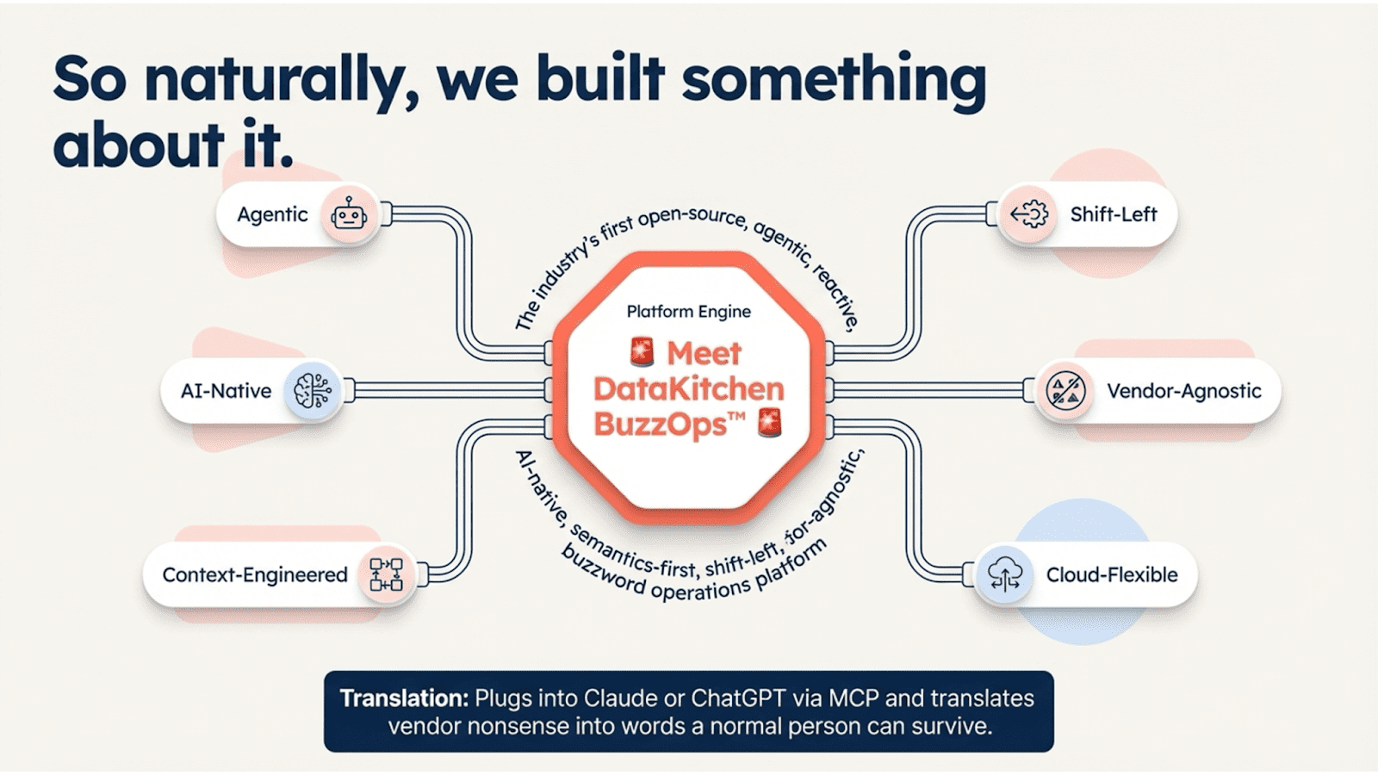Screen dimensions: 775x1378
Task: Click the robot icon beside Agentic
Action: click(x=349, y=214)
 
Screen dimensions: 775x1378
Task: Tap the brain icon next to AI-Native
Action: click(x=312, y=391)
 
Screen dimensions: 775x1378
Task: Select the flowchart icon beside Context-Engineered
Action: click(x=386, y=574)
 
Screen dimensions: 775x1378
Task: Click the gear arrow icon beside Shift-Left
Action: click(x=1029, y=214)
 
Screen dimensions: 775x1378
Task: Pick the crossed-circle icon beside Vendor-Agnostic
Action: click(x=1065, y=391)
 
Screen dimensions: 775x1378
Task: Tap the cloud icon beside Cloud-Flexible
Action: click(x=1005, y=574)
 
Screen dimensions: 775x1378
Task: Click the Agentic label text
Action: click(x=272, y=214)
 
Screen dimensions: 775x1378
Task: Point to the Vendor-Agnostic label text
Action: click(x=1183, y=391)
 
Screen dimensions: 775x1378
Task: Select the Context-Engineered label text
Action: click(x=255, y=574)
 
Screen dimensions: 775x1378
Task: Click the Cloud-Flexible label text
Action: click(x=1111, y=574)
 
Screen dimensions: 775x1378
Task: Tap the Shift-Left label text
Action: click(x=1113, y=214)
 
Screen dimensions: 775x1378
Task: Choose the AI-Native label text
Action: click(x=226, y=391)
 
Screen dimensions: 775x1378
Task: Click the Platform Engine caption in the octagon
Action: click(x=688, y=312)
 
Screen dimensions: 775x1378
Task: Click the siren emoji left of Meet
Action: click(x=641, y=351)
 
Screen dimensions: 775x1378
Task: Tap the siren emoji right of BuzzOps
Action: click(x=768, y=423)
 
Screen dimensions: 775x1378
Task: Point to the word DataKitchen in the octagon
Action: click(x=688, y=388)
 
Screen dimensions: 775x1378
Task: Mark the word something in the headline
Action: click(x=834, y=79)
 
